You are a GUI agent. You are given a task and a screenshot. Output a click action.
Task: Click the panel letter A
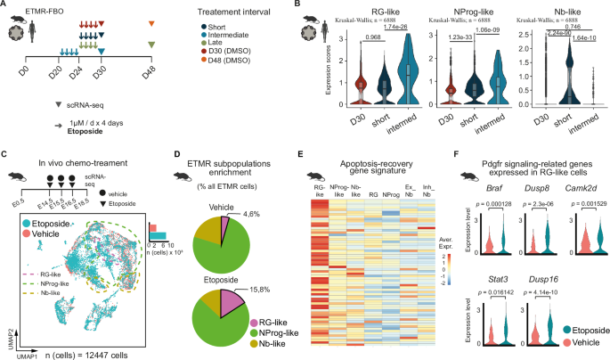click(6, 7)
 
